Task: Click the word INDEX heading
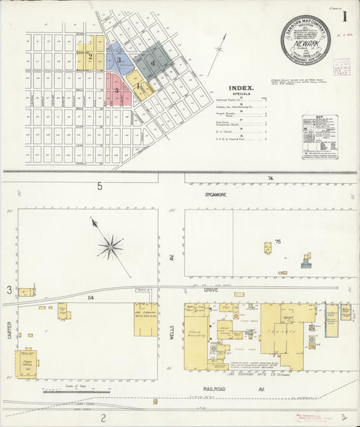point(240,88)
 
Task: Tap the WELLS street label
point(172,332)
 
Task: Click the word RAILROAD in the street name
point(215,389)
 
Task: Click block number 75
point(276,241)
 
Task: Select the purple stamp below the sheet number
point(342,67)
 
